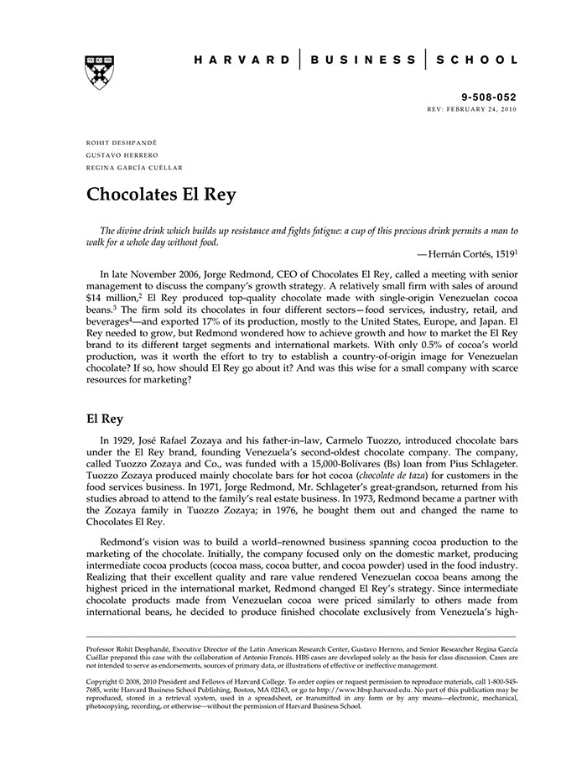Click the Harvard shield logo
(x=99, y=72)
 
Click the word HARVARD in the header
(x=242, y=60)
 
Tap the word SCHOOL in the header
(x=479, y=60)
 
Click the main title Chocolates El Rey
(x=161, y=195)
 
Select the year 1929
(x=127, y=440)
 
